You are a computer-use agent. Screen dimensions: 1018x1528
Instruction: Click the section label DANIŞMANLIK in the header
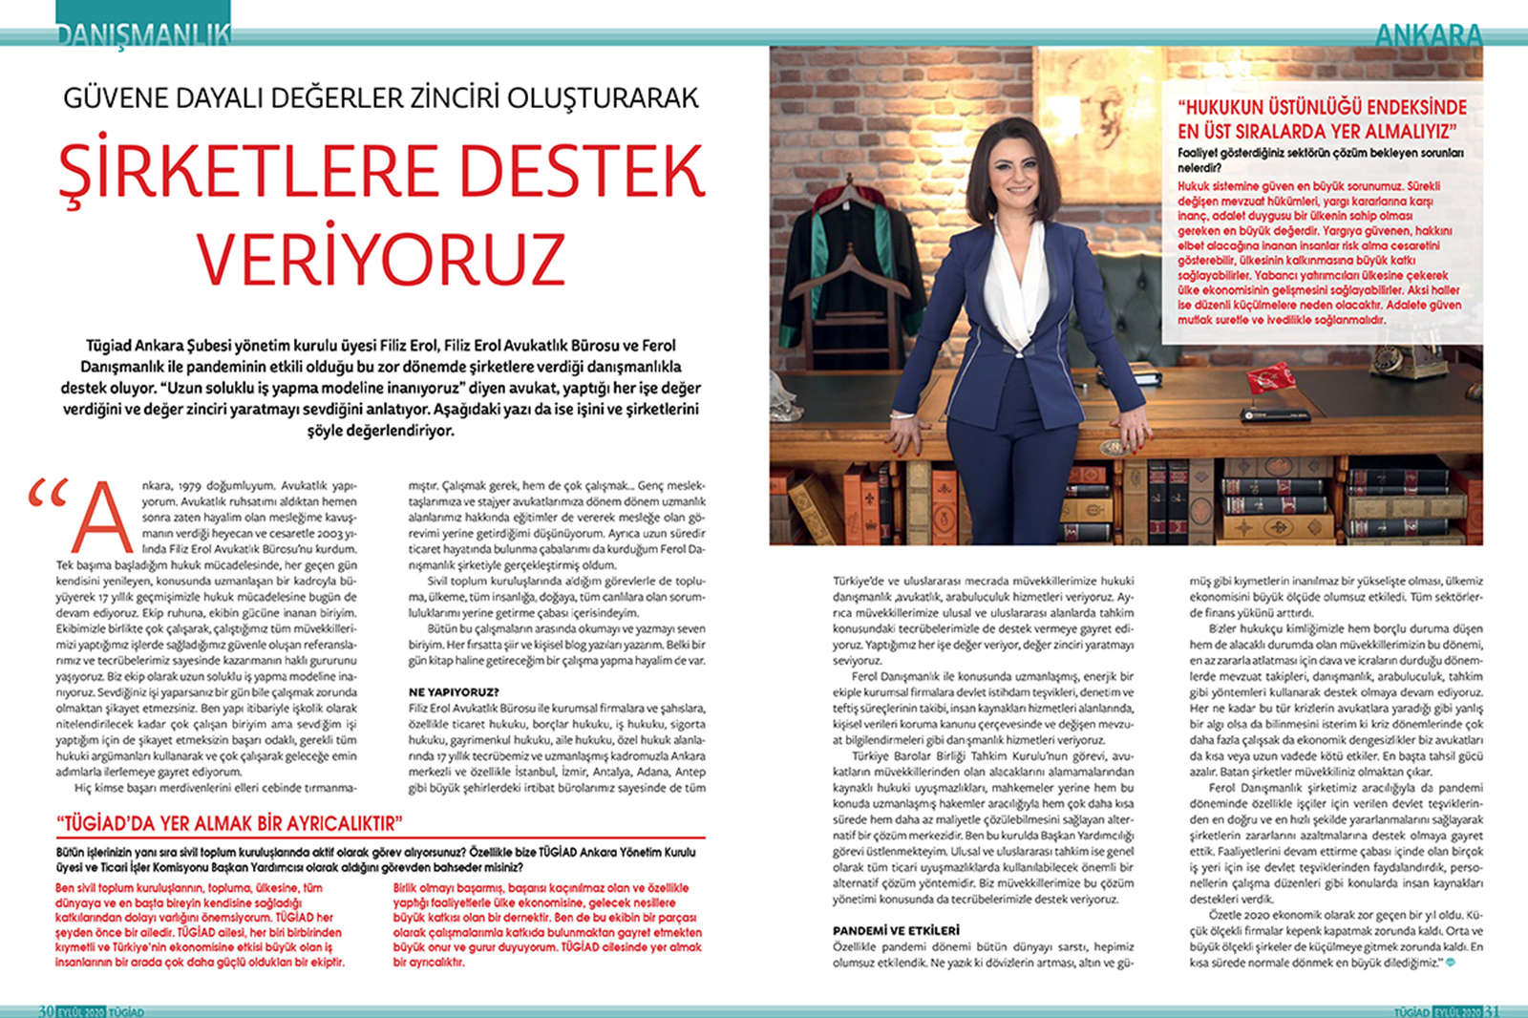point(143,34)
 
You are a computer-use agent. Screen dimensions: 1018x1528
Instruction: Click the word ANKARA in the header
point(1429,35)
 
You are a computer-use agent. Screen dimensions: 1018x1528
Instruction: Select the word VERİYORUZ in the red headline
point(381,259)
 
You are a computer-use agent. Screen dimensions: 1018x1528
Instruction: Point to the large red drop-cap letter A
point(102,520)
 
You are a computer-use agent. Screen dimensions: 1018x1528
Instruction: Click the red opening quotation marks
point(48,493)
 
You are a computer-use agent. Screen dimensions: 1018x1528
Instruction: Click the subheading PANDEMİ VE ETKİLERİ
point(896,930)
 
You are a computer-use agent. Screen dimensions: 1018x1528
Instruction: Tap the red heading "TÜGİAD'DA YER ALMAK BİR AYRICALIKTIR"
point(229,823)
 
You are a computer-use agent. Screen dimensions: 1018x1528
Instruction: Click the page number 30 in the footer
point(46,1010)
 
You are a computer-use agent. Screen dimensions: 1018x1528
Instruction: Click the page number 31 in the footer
point(1492,1010)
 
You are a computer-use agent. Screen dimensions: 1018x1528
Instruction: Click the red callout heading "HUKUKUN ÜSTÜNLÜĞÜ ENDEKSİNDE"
point(1322,107)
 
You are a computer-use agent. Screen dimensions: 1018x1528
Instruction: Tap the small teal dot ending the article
point(1452,963)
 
